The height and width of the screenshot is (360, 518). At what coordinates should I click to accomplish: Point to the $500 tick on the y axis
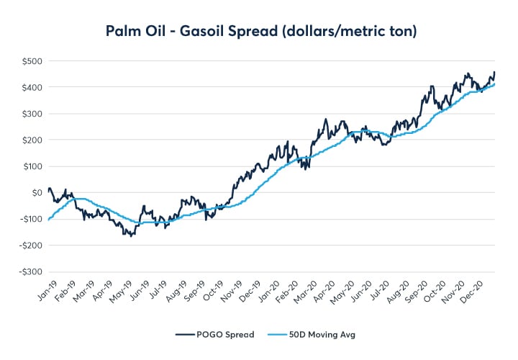pos(31,60)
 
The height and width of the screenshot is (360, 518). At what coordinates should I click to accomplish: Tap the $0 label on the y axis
pos(35,193)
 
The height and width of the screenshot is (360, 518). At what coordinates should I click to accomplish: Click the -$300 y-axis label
pos(29,272)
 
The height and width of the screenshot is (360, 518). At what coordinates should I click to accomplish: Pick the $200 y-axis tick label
pos(31,140)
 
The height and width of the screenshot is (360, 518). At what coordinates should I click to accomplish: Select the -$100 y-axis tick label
pos(29,219)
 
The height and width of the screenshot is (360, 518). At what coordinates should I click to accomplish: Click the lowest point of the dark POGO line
pos(132,236)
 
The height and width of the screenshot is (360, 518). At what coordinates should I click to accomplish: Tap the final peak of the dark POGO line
pos(494,71)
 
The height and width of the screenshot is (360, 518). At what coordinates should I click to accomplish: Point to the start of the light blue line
pos(48,220)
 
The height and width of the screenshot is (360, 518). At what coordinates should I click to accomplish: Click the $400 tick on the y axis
pos(31,87)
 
